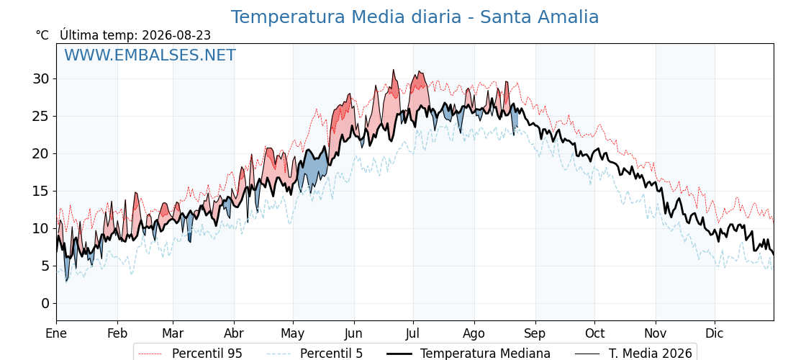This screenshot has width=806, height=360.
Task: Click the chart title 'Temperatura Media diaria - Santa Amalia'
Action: point(415,17)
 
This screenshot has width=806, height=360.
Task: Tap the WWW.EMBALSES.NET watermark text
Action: point(150,55)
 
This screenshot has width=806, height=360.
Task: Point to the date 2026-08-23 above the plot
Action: point(176,35)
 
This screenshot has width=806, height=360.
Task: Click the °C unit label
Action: point(42,35)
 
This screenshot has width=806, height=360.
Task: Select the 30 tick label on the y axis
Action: point(42,78)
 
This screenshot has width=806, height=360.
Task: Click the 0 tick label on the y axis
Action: point(46,303)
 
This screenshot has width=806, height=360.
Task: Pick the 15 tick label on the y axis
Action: point(42,191)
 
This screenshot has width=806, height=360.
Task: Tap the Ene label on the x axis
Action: point(57,333)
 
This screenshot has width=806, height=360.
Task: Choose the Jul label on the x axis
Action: point(413,333)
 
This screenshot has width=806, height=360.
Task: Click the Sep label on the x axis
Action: point(535,333)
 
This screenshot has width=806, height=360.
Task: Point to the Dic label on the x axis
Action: point(715,333)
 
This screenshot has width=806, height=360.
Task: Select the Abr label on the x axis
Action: point(235,333)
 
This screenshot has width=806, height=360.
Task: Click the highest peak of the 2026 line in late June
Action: point(393,69)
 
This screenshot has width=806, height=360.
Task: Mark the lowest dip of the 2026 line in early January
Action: point(66,282)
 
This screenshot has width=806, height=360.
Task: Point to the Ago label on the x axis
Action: point(474,333)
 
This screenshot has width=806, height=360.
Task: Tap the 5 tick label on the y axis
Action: point(46,266)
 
